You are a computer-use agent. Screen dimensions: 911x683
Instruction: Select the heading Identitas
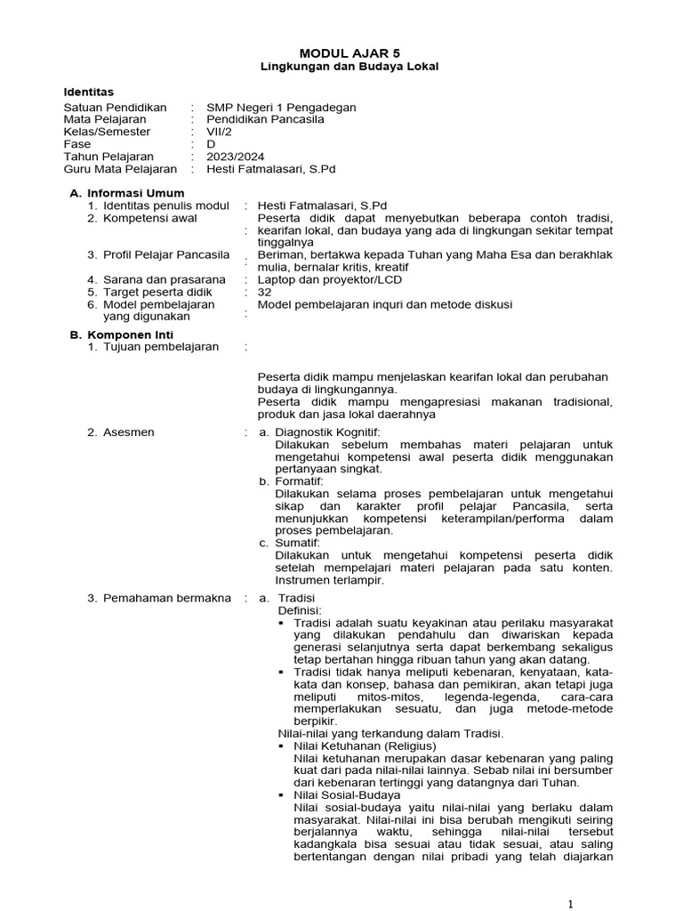89,92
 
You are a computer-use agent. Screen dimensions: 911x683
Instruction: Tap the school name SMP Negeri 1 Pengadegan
281,107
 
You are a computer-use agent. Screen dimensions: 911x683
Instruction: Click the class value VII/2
218,132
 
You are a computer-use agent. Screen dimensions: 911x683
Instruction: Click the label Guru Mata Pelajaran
120,168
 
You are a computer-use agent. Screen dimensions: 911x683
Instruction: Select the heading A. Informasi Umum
126,193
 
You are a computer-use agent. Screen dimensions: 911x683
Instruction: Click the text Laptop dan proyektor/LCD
329,279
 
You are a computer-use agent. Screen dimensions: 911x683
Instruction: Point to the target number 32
264,292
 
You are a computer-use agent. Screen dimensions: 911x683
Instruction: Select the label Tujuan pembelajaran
160,347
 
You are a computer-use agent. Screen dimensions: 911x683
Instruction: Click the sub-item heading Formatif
300,481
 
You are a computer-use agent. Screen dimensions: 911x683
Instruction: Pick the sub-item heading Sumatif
297,543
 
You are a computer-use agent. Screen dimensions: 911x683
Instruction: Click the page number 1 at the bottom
570,904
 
